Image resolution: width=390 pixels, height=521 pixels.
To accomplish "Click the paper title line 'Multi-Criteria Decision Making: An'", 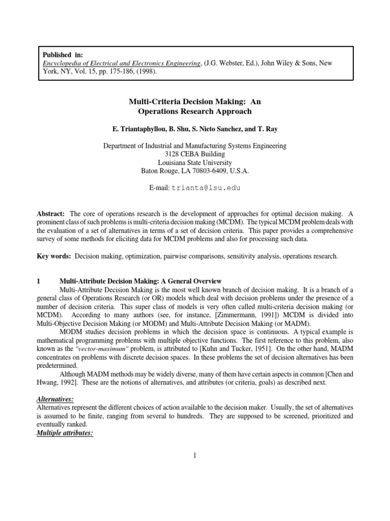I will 195,102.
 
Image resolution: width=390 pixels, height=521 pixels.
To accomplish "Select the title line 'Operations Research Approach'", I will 195,111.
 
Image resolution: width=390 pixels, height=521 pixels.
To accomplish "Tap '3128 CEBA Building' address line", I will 195,154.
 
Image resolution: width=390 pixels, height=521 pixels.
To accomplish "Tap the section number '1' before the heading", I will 39,281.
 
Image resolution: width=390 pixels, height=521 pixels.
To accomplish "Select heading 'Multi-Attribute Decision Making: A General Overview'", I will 140,281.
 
